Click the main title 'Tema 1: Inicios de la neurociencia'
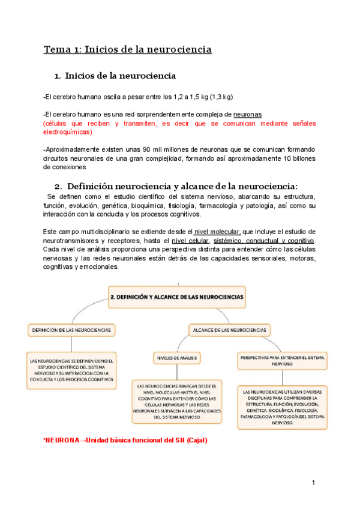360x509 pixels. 127,49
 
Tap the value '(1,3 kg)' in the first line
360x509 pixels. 220,97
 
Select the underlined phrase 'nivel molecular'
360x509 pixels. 217,232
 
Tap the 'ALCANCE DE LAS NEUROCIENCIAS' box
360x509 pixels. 229,330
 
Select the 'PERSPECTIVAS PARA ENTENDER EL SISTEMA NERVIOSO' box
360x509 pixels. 283,360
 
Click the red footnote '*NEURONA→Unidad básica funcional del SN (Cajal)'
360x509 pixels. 125,440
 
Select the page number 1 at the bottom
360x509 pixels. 313,483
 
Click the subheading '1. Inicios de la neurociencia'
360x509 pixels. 115,76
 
